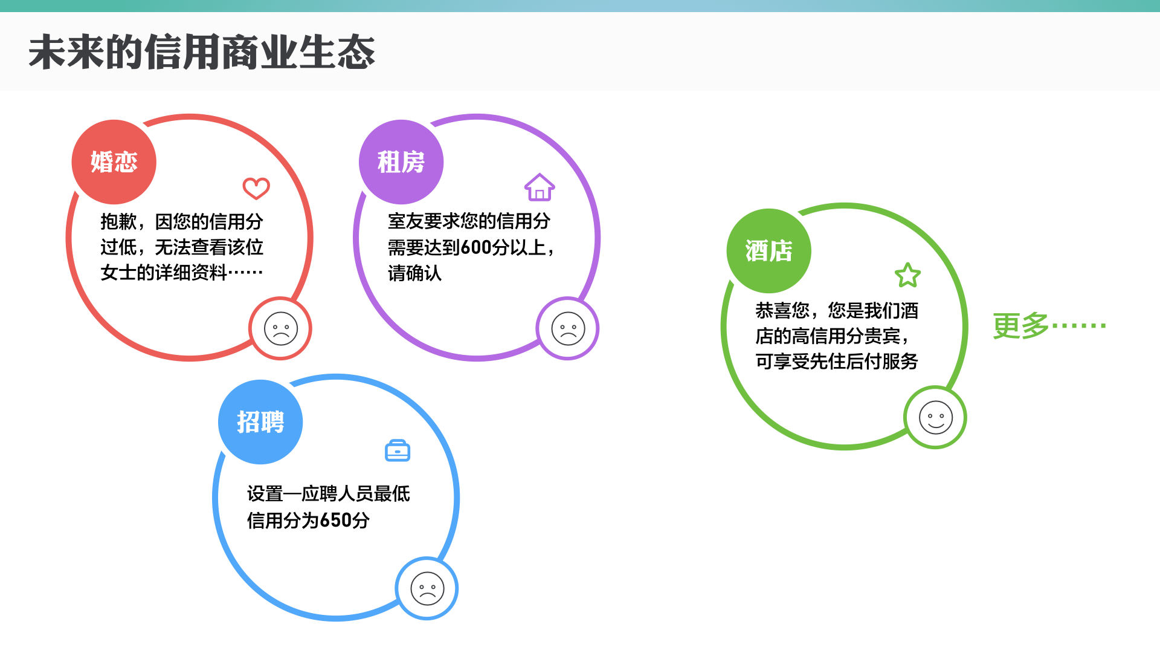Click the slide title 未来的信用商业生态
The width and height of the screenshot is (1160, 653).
click(202, 53)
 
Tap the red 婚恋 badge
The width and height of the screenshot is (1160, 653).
click(114, 162)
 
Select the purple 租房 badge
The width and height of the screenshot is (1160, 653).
click(401, 162)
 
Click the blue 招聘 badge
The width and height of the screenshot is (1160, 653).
click(260, 422)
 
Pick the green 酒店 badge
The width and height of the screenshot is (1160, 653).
click(768, 251)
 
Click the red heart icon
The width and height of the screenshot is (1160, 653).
click(256, 188)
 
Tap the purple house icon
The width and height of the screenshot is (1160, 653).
click(540, 187)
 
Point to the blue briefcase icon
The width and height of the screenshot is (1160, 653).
click(398, 450)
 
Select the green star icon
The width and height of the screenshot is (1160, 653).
click(907, 276)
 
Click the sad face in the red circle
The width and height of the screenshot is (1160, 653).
click(281, 329)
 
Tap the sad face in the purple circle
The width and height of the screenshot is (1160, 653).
click(568, 329)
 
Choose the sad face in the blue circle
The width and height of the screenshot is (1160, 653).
click(427, 589)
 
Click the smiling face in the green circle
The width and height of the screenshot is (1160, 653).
click(936, 418)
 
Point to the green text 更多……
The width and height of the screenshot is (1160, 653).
click(1049, 326)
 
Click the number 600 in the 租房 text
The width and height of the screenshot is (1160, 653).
click(475, 247)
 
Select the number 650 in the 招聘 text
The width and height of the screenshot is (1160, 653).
click(335, 520)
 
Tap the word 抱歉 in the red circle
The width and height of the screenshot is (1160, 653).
click(118, 222)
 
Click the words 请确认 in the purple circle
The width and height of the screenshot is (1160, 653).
click(414, 273)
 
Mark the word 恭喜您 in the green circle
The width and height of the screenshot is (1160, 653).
click(782, 311)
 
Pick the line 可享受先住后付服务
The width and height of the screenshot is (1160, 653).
click(837, 362)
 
